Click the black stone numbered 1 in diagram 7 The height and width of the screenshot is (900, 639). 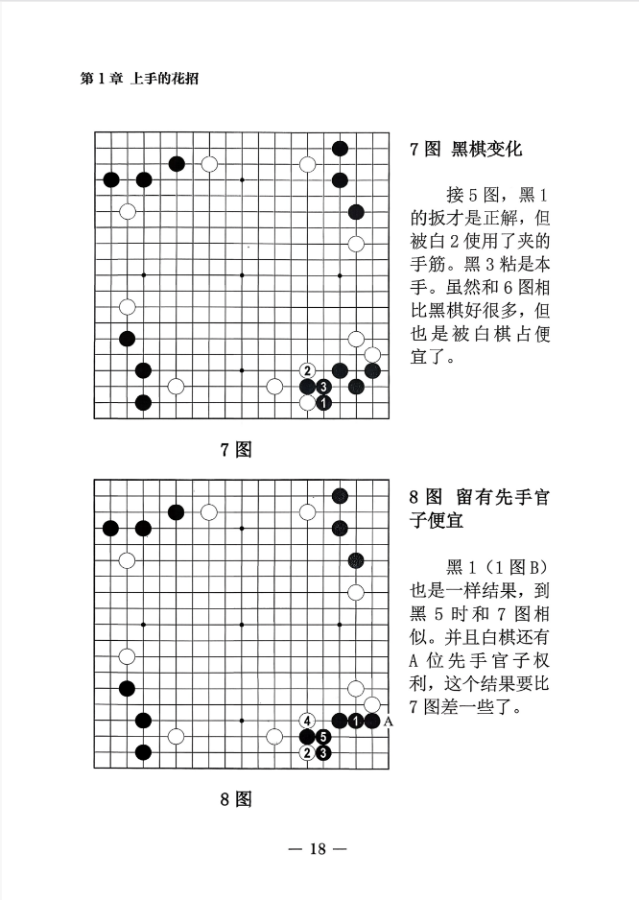pos(323,403)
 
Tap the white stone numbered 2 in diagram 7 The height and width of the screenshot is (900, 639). pos(308,370)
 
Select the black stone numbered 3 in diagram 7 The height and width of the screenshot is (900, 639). pos(323,387)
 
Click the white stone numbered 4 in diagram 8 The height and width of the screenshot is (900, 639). pos(308,721)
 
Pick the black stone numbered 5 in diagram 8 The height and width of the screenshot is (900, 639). pos(323,737)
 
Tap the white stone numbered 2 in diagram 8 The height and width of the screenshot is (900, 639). pos(308,752)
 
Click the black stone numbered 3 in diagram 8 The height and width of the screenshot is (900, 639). pos(323,752)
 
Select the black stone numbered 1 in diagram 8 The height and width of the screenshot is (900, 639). pos(356,721)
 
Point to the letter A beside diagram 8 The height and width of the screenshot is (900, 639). pos(389,722)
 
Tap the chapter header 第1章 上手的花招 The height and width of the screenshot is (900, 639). pos(139,79)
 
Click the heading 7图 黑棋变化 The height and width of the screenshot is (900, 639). pos(466,149)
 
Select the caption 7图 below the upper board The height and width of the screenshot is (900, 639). pos(236,449)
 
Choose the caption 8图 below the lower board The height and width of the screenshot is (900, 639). pos(236,798)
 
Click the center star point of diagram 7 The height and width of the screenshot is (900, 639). pos(242,275)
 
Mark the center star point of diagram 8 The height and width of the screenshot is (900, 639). pos(242,625)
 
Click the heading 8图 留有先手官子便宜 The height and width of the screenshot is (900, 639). pos(480,508)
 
